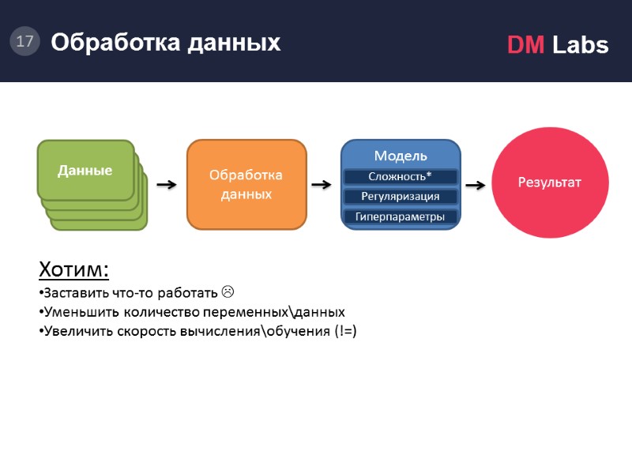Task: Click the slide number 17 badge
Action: [x=24, y=41]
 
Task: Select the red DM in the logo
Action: [x=525, y=46]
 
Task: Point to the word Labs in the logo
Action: [x=580, y=46]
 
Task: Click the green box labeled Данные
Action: [x=85, y=170]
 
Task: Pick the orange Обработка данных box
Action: [x=246, y=184]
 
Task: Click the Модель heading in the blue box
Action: [x=401, y=155]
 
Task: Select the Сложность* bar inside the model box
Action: [x=401, y=176]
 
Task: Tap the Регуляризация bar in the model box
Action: [x=401, y=196]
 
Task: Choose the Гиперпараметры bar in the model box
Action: [x=401, y=216]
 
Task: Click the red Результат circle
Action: [x=550, y=182]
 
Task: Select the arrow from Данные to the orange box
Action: [x=166, y=185]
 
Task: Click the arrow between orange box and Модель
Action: [x=322, y=185]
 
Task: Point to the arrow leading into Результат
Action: [x=476, y=185]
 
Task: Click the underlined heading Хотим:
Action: [x=73, y=269]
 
